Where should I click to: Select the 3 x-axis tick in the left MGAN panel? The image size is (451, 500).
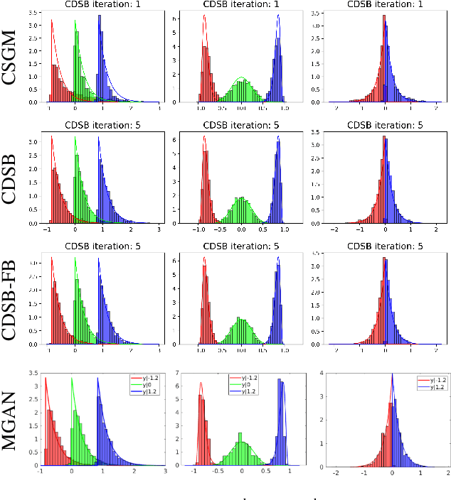(x=165, y=472)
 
